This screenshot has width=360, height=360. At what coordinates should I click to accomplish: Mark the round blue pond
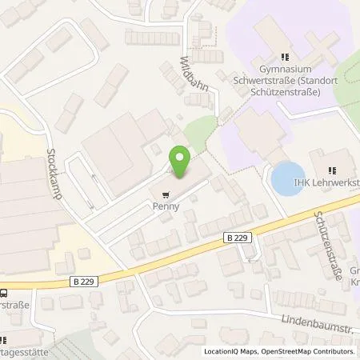click(x=287, y=178)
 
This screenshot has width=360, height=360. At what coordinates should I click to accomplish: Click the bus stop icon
click(x=5, y=292)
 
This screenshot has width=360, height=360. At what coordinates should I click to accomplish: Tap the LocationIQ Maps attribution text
click(x=229, y=352)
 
